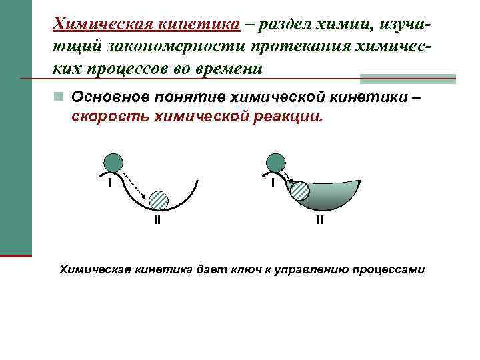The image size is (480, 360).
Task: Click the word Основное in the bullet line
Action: coord(109,97)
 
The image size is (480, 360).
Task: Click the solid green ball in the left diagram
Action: coord(113,163)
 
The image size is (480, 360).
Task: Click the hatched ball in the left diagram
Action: coord(159,200)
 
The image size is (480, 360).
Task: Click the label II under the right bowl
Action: coord(320,219)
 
